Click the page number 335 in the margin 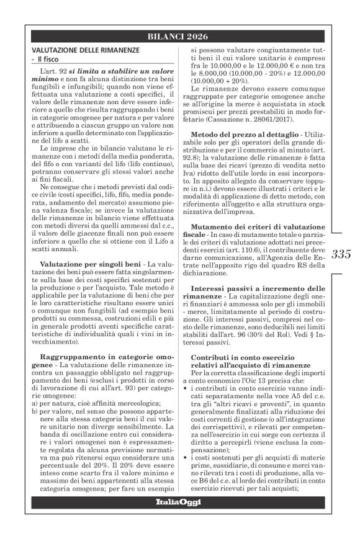[x=341, y=253]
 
